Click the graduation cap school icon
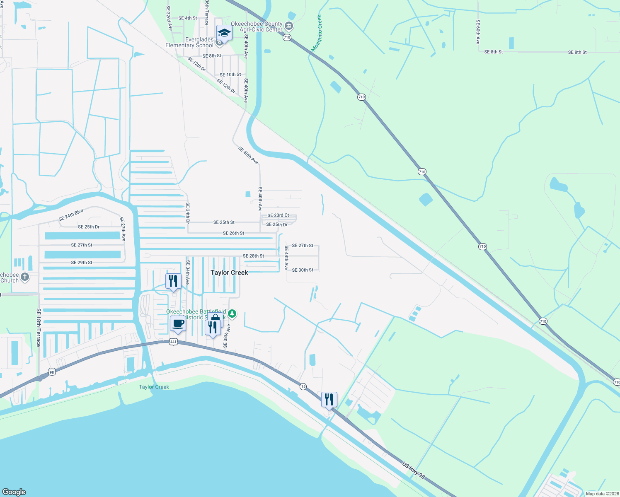point(224,32)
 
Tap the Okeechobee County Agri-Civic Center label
point(257,27)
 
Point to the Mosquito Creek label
point(317,33)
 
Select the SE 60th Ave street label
point(478,32)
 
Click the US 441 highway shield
point(174,342)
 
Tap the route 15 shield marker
point(303,386)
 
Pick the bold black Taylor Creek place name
point(229,273)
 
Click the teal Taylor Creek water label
point(154,387)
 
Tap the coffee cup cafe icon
point(178,323)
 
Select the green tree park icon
point(232,314)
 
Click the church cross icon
point(25,277)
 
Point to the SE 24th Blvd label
point(71,215)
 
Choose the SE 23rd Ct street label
point(278,215)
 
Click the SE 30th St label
point(303,270)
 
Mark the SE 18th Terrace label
point(39,327)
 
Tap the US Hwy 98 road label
point(413,470)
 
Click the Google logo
point(14,492)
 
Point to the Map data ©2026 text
point(602,494)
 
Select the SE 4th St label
point(188,18)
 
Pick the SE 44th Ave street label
point(286,258)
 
